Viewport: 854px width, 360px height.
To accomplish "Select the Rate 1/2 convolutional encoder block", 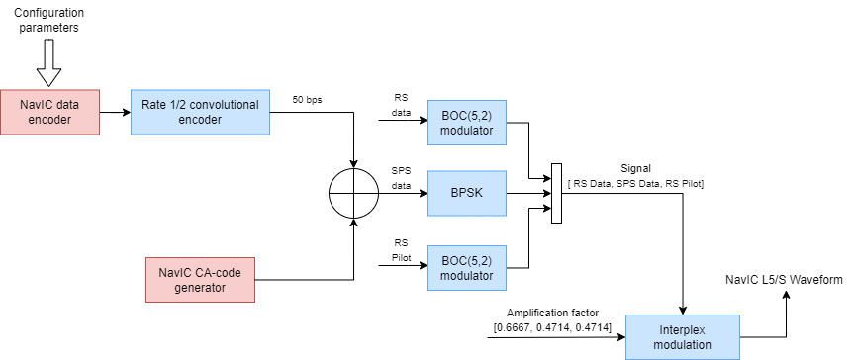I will (x=201, y=112).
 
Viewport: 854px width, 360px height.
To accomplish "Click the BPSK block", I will (x=467, y=193).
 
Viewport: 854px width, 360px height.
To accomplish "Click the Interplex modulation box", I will (x=683, y=337).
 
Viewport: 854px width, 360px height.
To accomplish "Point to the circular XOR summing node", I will (x=353, y=193).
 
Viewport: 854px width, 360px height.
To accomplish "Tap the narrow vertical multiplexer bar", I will (x=556, y=193).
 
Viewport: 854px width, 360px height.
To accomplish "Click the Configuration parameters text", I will (x=48, y=20).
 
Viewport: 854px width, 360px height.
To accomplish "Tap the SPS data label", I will (x=401, y=177).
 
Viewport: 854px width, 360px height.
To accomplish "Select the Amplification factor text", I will (x=552, y=312).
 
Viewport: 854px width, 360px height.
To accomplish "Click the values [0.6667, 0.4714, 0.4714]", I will (x=552, y=326).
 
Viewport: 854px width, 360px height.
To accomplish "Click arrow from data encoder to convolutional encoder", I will (x=116, y=112).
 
